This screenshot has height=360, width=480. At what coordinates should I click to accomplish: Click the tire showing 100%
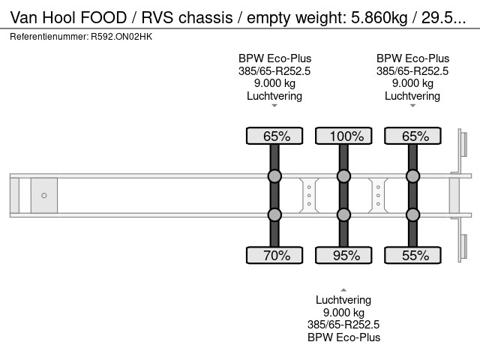(x=343, y=136)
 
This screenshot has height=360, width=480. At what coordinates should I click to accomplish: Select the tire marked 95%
(x=343, y=256)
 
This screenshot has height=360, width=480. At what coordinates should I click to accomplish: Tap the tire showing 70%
(x=274, y=256)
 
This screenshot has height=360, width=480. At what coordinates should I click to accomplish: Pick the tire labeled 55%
(x=412, y=256)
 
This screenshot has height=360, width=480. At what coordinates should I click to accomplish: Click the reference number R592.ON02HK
(x=120, y=36)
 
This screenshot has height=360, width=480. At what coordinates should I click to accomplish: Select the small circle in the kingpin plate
(x=44, y=196)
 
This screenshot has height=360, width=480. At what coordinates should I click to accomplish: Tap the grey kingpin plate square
(x=44, y=196)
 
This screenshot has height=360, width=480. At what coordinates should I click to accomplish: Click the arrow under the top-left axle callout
(x=274, y=106)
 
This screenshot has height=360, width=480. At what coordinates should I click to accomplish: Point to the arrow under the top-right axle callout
(x=412, y=106)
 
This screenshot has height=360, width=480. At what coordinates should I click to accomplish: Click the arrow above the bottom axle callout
(x=343, y=289)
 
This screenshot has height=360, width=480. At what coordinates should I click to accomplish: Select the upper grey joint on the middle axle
(x=343, y=176)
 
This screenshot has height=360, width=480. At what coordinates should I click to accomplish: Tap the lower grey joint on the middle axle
(x=343, y=215)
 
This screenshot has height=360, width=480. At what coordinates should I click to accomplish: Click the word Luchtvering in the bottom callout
(x=343, y=300)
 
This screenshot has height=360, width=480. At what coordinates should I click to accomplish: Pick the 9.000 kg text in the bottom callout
(x=343, y=313)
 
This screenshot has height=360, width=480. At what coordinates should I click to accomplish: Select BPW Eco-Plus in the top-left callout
(x=274, y=58)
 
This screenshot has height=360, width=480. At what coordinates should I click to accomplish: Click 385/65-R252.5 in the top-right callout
(x=412, y=71)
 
